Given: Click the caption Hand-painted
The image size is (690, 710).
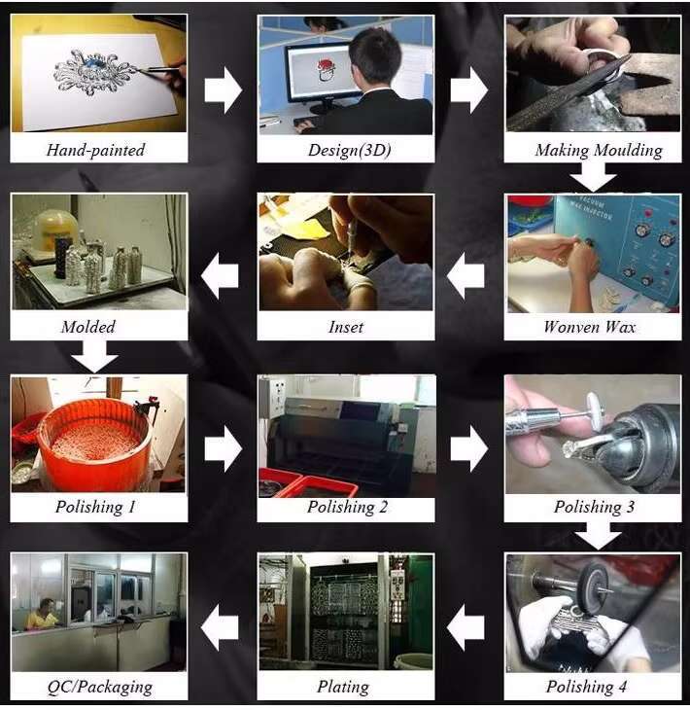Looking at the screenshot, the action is coord(95,150).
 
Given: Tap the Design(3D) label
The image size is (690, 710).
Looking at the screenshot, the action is coord(349,150).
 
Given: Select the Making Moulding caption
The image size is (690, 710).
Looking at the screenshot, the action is coord(598,150).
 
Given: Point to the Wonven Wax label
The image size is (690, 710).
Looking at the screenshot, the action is coord(590,327).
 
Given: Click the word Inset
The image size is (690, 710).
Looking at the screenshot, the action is coord(346,327).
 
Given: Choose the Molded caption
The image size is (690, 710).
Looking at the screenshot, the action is coord(88,327).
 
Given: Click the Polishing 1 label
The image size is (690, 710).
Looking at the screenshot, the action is coord(95,507).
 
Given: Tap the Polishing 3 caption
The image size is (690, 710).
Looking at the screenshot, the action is coord(594,507).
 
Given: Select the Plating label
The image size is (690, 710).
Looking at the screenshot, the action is coord(343,687).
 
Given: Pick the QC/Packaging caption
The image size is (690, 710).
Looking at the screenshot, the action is coord(99,687).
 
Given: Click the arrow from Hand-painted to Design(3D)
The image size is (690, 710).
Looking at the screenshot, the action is coord(224,90).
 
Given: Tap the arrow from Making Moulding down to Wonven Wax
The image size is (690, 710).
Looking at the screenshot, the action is coord(593,177).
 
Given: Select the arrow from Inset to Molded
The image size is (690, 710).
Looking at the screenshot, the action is coord(220,275).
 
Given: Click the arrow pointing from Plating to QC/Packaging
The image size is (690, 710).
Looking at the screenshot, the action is coord(220,627).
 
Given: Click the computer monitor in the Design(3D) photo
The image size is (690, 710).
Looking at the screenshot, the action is coord(322,77).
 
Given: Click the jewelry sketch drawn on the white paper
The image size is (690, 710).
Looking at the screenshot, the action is coord(95,72).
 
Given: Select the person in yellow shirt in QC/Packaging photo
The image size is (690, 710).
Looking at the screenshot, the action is coord(42,614).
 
